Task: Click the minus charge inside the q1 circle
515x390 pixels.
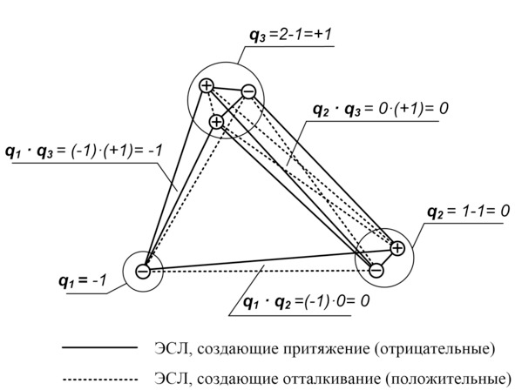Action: click(143, 272)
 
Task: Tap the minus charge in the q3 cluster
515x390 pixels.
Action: click(248, 91)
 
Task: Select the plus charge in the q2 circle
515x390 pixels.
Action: click(397, 248)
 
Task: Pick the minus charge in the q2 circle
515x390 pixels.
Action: click(376, 270)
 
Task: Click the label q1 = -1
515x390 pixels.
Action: click(83, 281)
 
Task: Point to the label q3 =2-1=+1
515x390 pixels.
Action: click(290, 36)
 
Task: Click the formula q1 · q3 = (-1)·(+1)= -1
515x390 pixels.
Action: click(84, 151)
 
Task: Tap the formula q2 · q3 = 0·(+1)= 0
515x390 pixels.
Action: click(380, 109)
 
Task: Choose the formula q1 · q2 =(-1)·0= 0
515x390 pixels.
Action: click(306, 301)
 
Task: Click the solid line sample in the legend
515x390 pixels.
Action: click(100, 347)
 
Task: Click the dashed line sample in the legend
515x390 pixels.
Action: click(100, 380)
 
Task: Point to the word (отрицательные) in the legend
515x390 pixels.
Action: click(434, 349)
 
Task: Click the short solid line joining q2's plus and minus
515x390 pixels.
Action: click(387, 259)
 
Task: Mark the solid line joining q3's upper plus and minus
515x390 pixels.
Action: click(227, 89)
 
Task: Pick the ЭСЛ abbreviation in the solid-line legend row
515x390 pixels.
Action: click(171, 349)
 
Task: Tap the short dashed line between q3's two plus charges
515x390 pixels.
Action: click(212, 104)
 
